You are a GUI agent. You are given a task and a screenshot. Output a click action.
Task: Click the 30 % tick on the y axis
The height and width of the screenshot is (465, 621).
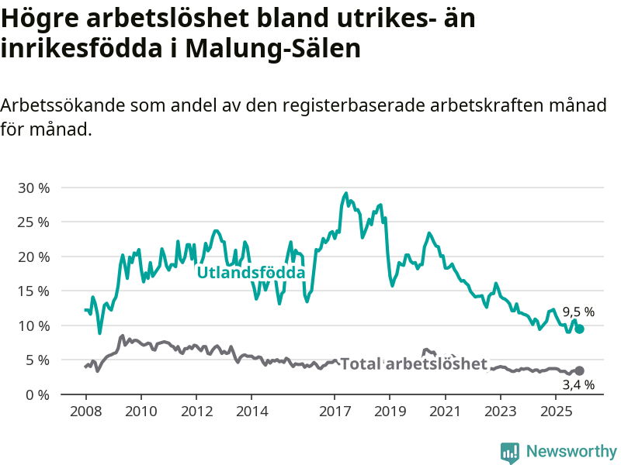point(33,188)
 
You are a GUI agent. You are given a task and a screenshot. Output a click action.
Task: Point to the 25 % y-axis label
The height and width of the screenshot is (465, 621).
point(33,222)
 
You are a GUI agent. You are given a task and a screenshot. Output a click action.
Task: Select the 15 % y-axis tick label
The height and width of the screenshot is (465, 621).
point(33,291)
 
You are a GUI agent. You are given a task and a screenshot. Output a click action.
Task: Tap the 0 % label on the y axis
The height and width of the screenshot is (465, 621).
point(36,394)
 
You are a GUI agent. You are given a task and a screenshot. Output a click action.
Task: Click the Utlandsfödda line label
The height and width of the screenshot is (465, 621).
point(251,273)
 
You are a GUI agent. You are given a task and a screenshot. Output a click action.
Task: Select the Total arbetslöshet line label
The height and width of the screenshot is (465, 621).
point(414,364)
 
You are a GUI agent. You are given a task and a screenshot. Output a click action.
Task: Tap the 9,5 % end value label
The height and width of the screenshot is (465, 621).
point(578,312)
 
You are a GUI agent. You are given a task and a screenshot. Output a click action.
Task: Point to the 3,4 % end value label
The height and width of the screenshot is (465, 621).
point(578,384)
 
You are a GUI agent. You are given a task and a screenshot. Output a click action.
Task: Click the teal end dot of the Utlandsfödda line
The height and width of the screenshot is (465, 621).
point(579,329)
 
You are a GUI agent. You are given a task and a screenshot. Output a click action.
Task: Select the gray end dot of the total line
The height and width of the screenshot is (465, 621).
point(579,370)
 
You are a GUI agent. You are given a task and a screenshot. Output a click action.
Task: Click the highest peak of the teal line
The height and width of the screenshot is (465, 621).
point(345,193)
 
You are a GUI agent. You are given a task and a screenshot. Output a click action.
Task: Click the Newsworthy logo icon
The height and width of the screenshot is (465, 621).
point(509,452)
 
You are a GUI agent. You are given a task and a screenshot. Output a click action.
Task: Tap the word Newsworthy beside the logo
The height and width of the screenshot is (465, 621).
point(571,451)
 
